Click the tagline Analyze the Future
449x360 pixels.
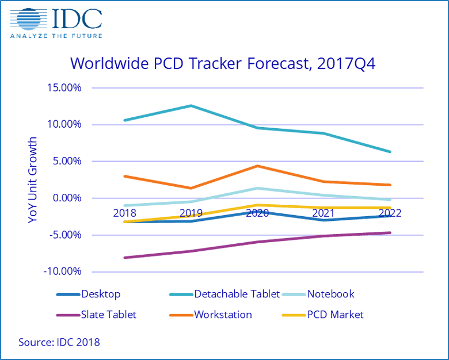click(56, 36)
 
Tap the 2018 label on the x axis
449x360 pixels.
click(125, 213)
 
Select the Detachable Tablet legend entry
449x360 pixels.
click(237, 294)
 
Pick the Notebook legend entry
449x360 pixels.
click(330, 294)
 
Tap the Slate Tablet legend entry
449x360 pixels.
click(109, 315)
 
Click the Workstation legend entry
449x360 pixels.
click(223, 315)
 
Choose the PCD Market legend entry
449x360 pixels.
click(335, 315)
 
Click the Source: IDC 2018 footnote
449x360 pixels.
click(59, 343)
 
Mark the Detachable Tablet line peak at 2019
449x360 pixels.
click(191, 106)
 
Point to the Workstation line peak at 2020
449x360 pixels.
click(257, 166)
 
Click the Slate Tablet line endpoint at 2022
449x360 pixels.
click(390, 233)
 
